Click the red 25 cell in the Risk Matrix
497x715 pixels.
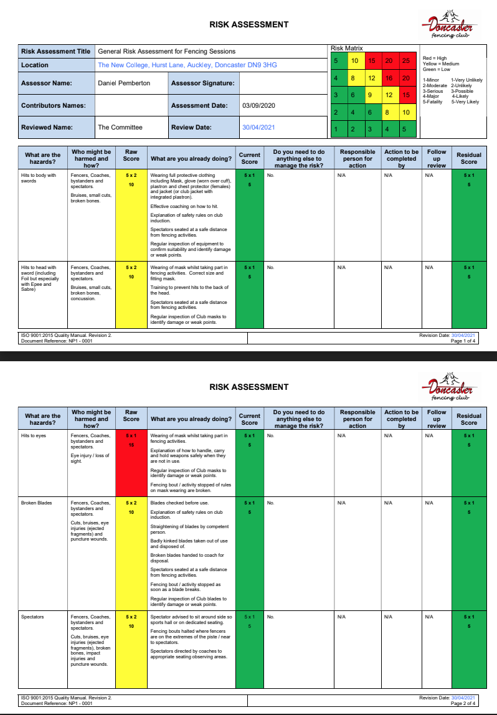click(x=405, y=60)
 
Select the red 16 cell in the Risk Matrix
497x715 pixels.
click(x=388, y=78)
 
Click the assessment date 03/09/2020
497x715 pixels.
click(x=258, y=105)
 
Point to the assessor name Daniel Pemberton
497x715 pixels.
click(x=124, y=83)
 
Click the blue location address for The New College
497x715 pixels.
click(x=187, y=65)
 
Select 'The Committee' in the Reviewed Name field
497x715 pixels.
click(x=120, y=127)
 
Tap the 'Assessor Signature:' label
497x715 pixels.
click(x=202, y=83)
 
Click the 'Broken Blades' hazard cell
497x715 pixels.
click(x=36, y=503)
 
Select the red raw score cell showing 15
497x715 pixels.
click(x=131, y=440)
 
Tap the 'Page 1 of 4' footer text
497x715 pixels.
click(x=463, y=341)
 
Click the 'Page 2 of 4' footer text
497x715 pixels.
click(x=463, y=703)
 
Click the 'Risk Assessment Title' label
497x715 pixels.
click(x=55, y=51)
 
